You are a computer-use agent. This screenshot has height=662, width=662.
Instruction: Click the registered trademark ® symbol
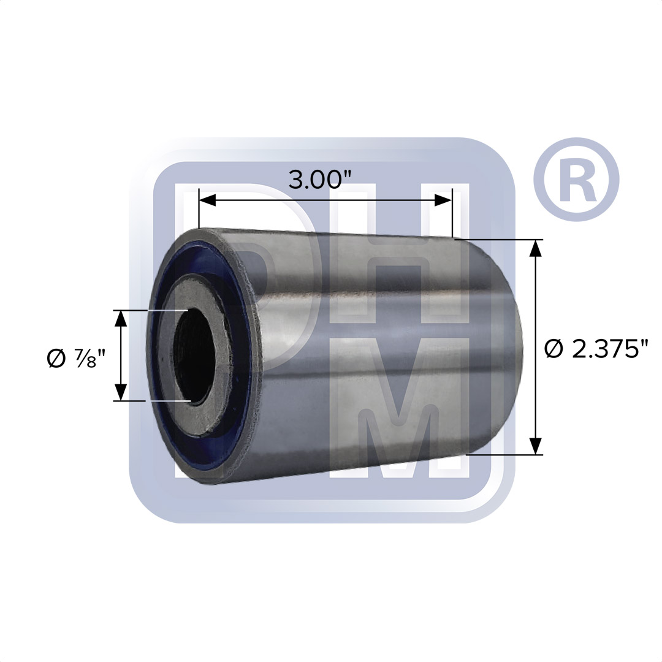pos(576,180)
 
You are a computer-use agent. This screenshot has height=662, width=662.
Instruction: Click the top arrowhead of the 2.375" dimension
pos(536,248)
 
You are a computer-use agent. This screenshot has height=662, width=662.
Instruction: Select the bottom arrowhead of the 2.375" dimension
pos(536,446)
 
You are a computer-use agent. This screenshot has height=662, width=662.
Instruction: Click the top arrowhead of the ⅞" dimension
pos(121,319)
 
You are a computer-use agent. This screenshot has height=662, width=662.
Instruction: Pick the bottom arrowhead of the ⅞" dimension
pos(121,393)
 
